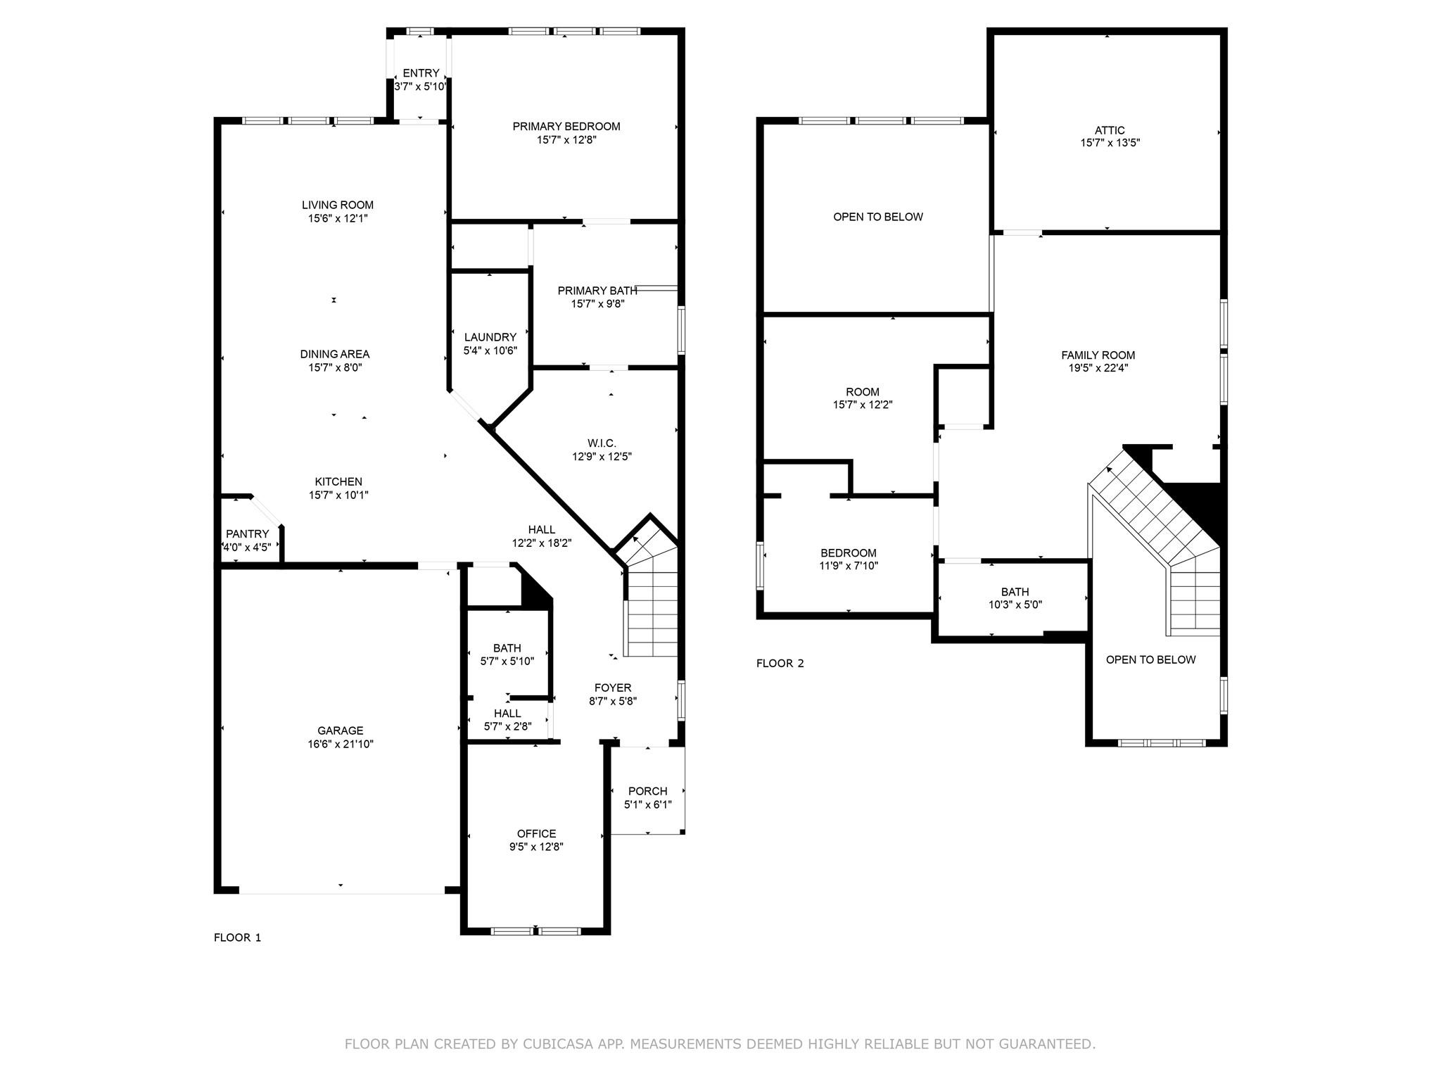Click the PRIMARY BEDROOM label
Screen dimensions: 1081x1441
[566, 127]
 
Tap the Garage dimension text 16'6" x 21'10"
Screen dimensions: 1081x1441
[340, 744]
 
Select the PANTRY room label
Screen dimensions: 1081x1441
[247, 534]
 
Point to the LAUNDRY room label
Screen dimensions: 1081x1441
[490, 337]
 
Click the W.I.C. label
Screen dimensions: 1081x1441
[602, 443]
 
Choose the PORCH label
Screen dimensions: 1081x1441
[647, 791]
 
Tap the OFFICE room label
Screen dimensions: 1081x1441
[536, 834]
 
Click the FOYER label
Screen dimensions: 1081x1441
[613, 688]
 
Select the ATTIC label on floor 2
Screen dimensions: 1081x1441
[1110, 130]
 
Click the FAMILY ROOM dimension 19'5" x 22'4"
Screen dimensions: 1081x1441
[1098, 367]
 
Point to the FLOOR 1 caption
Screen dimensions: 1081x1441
[237, 937]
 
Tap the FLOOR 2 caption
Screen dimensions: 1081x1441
[780, 663]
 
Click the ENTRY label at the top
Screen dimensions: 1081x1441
[421, 73]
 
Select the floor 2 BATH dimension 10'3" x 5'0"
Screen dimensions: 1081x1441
[1015, 605]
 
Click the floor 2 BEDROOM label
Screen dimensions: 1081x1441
[848, 553]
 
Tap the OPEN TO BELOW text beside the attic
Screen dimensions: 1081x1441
[877, 217]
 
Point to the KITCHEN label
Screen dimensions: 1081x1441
[338, 482]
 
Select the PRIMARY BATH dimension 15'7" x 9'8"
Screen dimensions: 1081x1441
[597, 304]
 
